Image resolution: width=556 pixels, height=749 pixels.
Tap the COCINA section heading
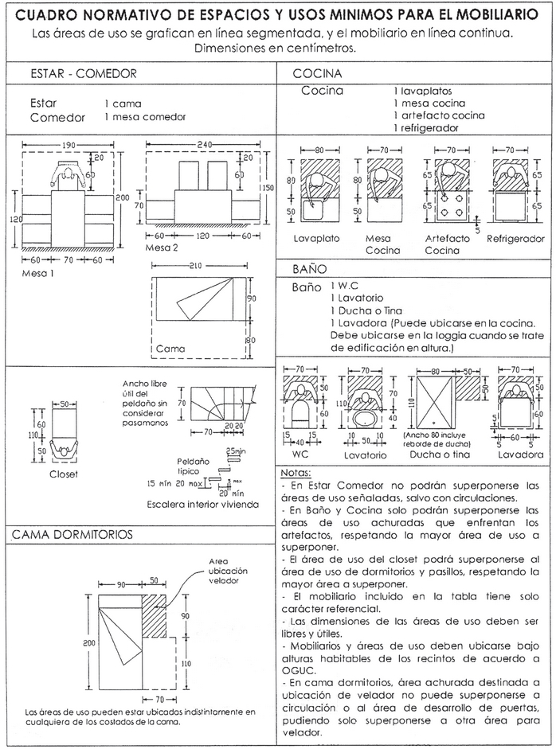pos(318,74)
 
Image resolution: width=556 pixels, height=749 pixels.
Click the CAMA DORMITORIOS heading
pos(72,533)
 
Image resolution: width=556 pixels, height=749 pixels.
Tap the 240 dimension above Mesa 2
pos(204,146)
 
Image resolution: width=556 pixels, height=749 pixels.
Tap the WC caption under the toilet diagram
pos(301,454)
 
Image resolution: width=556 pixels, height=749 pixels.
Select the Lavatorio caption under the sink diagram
pos(366,455)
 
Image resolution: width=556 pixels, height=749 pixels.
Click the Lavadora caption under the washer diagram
pos(522,454)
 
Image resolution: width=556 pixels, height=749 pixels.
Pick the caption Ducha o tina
pos(441,454)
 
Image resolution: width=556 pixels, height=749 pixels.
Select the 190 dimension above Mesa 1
pos(70,146)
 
